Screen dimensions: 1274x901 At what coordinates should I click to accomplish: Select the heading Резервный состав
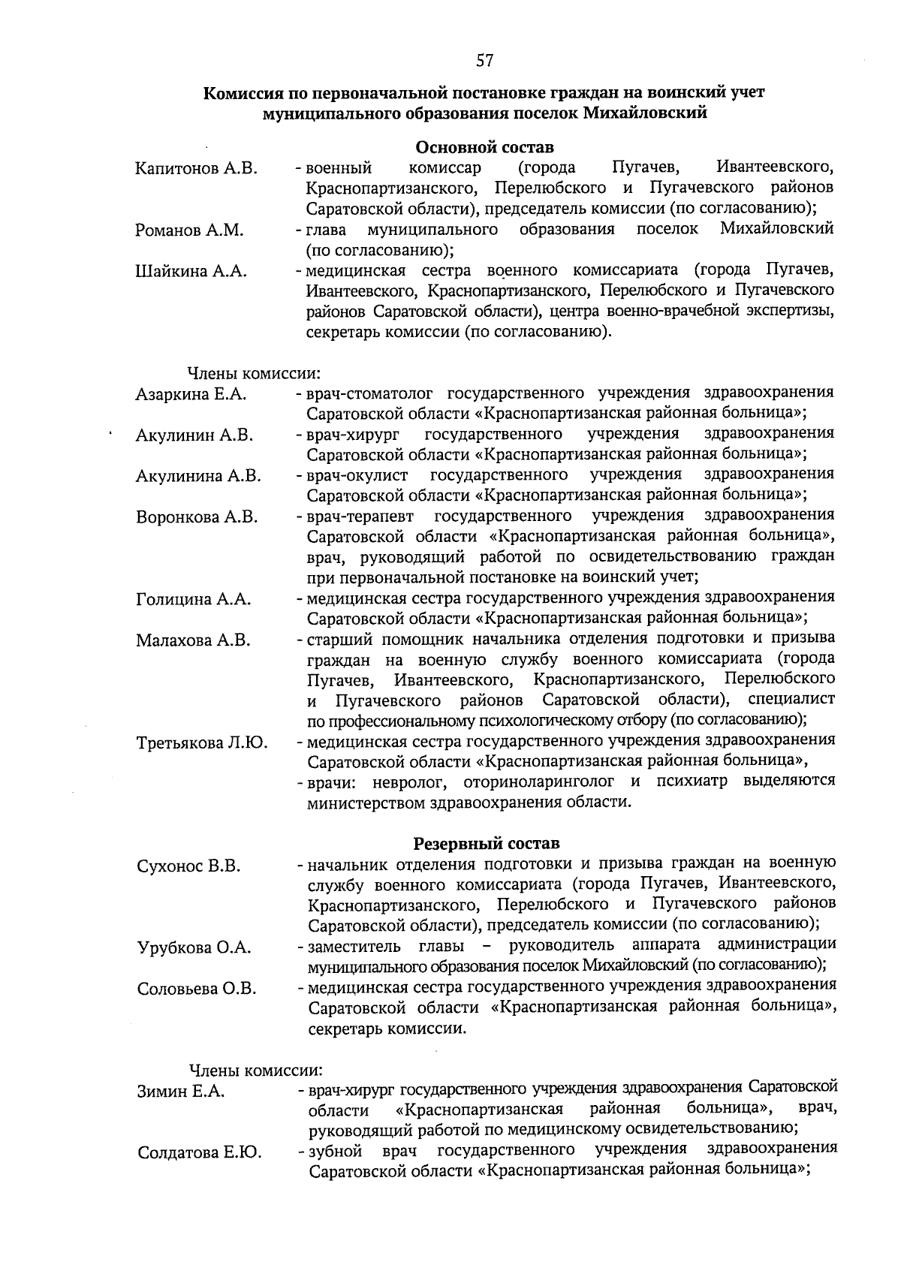[487, 844]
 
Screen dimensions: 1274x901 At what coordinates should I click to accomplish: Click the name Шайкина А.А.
[191, 272]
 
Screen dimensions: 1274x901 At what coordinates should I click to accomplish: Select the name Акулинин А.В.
[194, 435]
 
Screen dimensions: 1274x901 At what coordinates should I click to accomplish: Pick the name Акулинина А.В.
[198, 476]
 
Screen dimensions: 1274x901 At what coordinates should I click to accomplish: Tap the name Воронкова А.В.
[197, 517]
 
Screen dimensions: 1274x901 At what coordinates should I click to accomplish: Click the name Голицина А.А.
[193, 599]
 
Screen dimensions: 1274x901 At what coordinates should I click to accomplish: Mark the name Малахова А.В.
[193, 640]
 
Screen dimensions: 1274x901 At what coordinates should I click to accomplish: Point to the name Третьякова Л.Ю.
[202, 743]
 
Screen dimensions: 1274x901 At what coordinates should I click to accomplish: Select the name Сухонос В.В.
[188, 866]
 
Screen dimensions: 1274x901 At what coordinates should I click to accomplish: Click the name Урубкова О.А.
[194, 947]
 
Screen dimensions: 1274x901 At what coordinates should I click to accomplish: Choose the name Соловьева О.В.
[197, 989]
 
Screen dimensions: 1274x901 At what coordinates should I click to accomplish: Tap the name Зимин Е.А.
[181, 1092]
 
